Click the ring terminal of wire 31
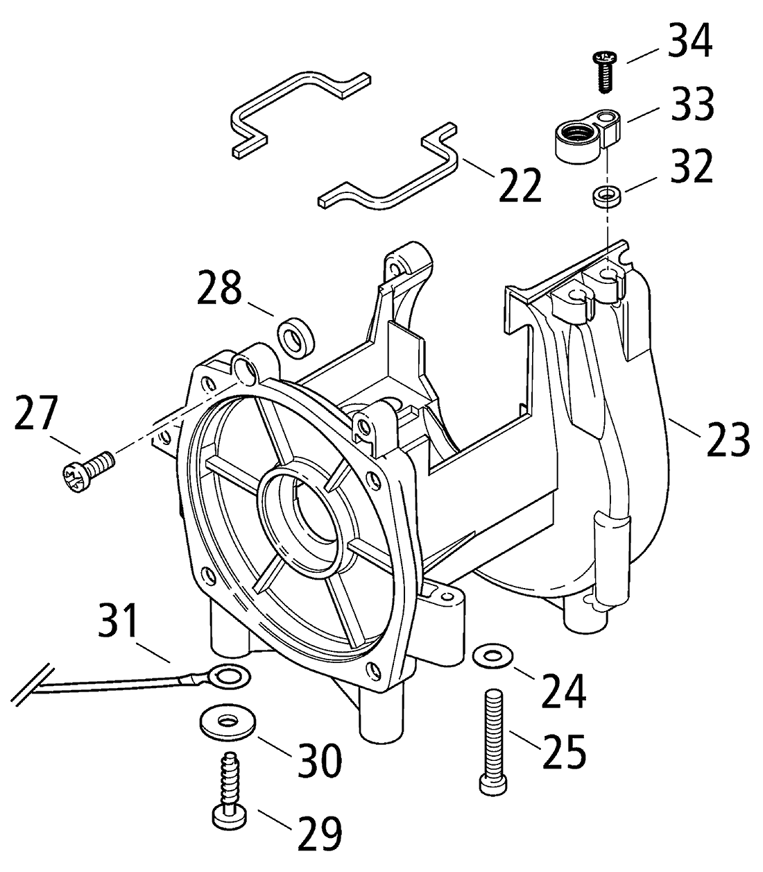click(227, 675)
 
